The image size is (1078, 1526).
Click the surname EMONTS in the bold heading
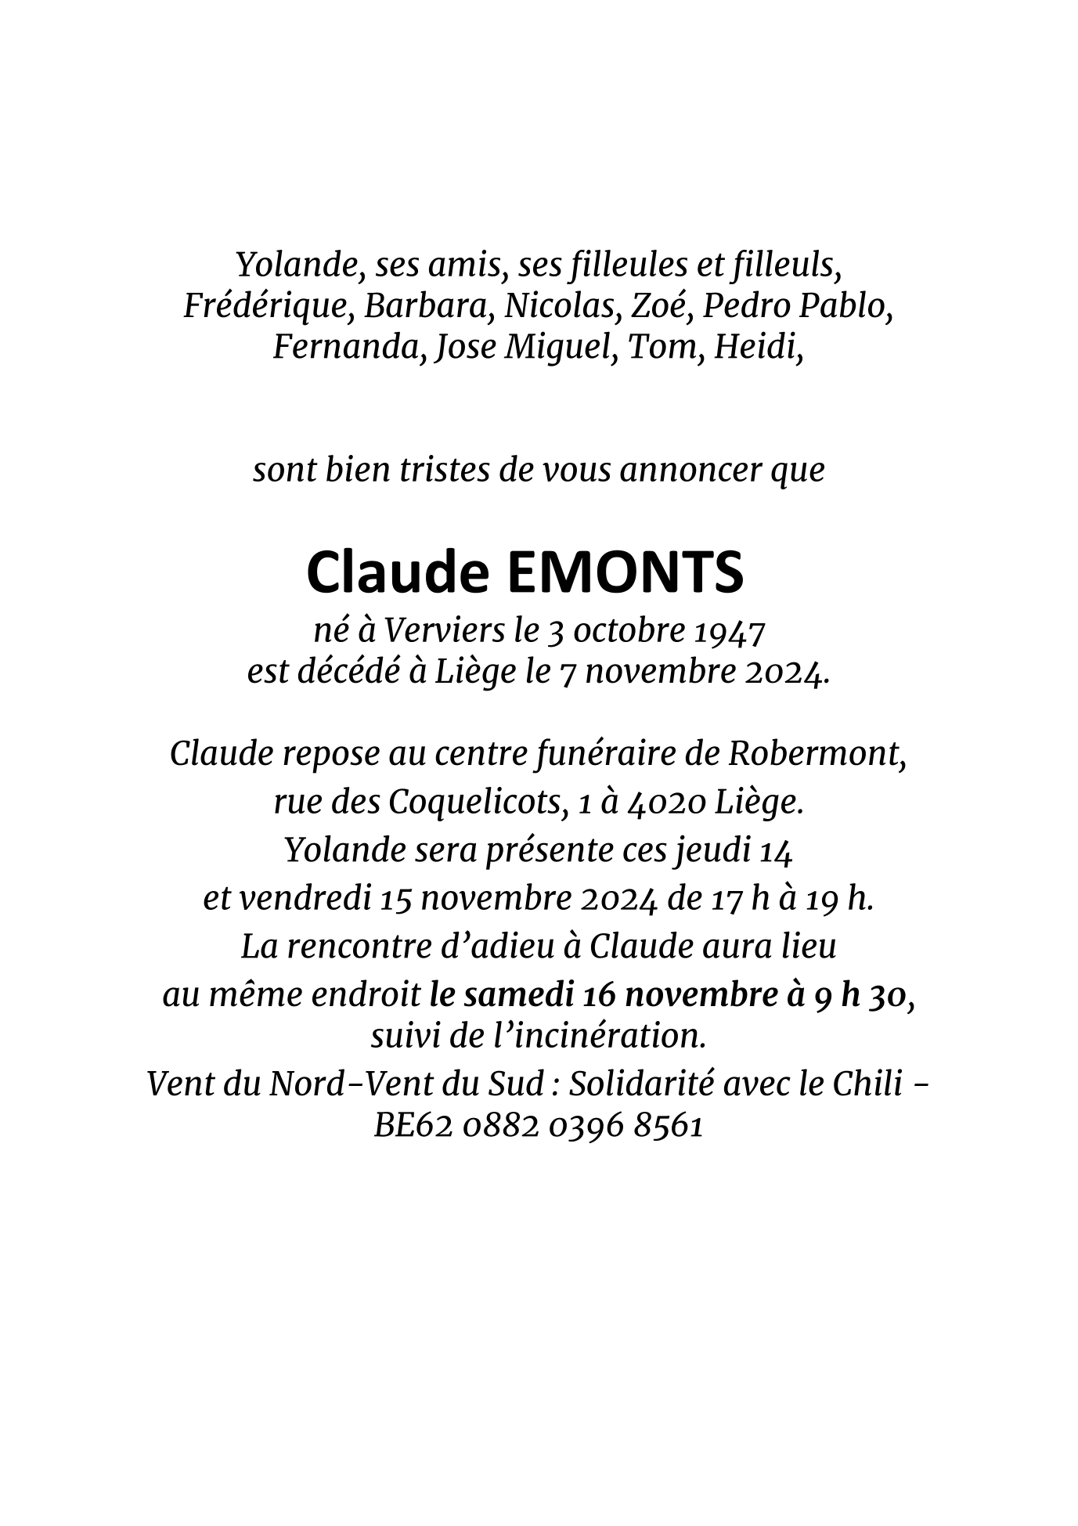click(626, 572)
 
